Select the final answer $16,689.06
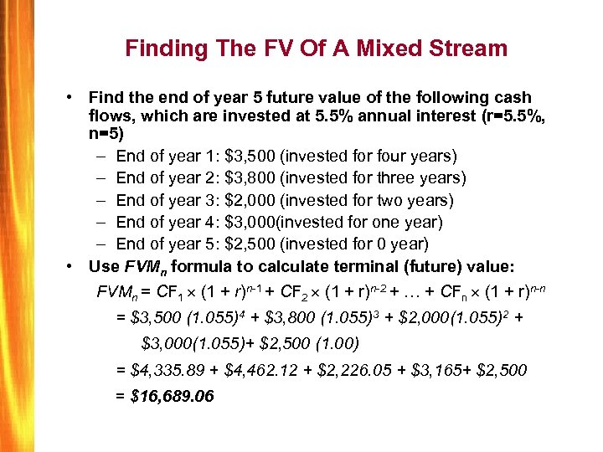tap(173, 395)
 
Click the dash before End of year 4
tap(100, 223)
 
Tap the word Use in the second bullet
tap(104, 266)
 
